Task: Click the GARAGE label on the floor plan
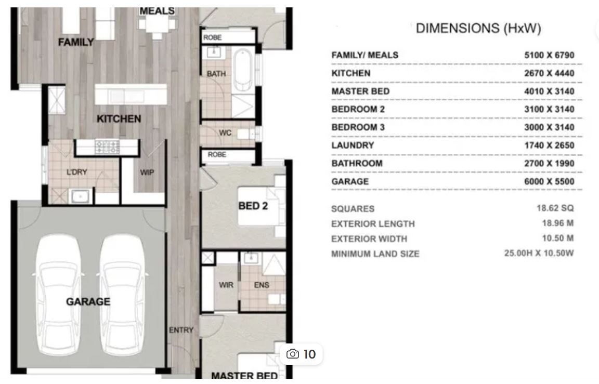pyautogui.click(x=88, y=301)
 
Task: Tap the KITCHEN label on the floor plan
pyautogui.click(x=119, y=119)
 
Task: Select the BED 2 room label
pyautogui.click(x=253, y=206)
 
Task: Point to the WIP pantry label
pyautogui.click(x=147, y=173)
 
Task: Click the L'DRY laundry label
pyautogui.click(x=77, y=172)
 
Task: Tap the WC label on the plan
pyautogui.click(x=225, y=133)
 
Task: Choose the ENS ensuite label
pyautogui.click(x=262, y=285)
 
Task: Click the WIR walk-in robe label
pyautogui.click(x=226, y=285)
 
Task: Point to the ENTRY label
pyautogui.click(x=181, y=330)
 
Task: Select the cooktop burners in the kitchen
pyautogui.click(x=107, y=147)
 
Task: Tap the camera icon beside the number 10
pyautogui.click(x=293, y=354)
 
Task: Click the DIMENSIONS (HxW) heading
pyautogui.click(x=478, y=28)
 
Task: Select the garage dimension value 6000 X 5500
pyautogui.click(x=549, y=181)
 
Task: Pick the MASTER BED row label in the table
pyautogui.click(x=360, y=91)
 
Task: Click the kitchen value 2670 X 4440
pyautogui.click(x=549, y=73)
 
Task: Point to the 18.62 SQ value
pyautogui.click(x=555, y=208)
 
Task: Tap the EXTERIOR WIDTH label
pyautogui.click(x=369, y=239)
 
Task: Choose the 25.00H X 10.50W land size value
pyautogui.click(x=539, y=253)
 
